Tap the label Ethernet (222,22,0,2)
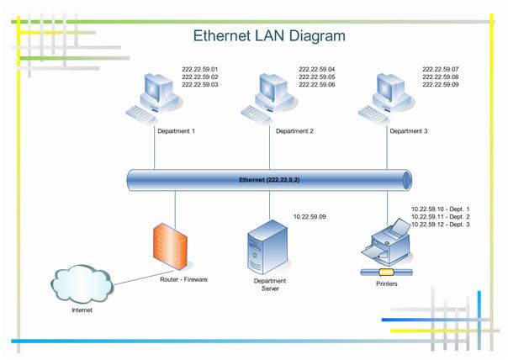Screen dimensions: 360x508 coord(270,180)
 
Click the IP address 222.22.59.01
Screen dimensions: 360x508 coord(199,69)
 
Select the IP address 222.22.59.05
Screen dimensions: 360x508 coord(316,77)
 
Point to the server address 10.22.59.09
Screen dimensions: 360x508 coord(310,217)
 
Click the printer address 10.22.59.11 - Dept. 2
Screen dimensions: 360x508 coord(440,217)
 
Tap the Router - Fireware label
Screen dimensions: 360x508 coord(183,278)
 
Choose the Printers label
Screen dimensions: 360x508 coord(386,283)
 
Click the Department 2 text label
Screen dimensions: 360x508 coord(294,131)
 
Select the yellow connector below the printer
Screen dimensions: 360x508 coord(386,272)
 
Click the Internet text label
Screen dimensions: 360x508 coord(82,310)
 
